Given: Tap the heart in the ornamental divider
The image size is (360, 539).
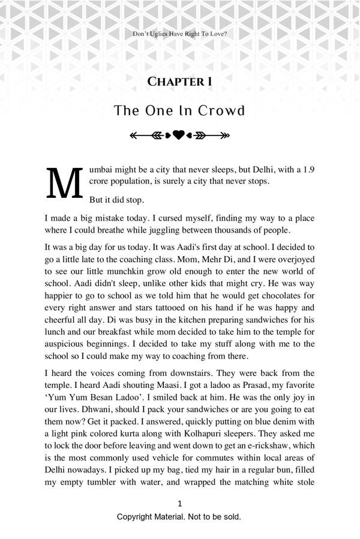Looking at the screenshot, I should click(x=179, y=135).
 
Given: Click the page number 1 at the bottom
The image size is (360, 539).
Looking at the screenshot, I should click(x=179, y=504).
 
